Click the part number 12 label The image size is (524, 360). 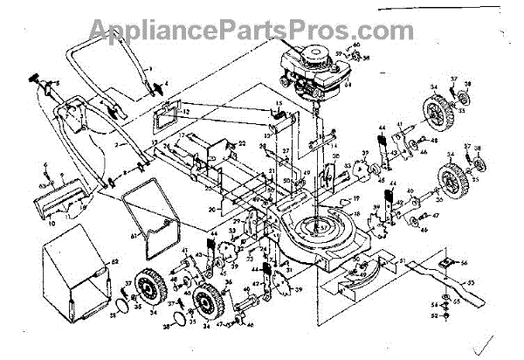point(187,113)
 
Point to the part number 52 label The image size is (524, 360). point(434,305)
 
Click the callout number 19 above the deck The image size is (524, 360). point(356,199)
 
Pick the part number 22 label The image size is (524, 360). point(242,142)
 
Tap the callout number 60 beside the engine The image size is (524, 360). point(356,45)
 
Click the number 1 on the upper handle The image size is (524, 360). point(149,68)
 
